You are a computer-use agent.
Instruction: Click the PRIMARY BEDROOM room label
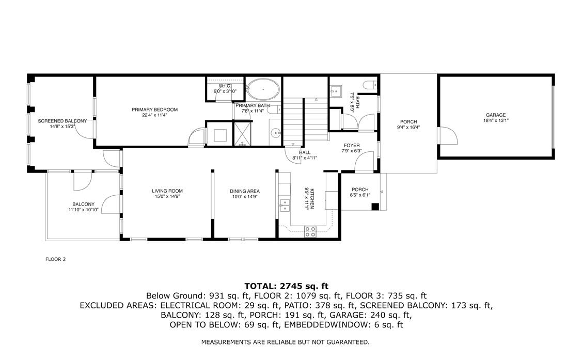coord(154,109)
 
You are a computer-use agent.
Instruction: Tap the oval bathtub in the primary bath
coord(263,89)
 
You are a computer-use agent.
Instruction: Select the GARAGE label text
coord(495,115)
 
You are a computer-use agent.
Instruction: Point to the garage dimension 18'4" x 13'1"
coord(495,121)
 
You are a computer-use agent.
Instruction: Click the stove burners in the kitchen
coord(310,231)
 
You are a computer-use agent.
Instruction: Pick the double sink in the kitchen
coord(284,205)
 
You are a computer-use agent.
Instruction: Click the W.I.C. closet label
coord(225,86)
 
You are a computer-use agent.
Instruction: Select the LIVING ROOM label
coord(167,191)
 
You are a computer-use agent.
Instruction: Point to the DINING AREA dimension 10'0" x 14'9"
coord(244,197)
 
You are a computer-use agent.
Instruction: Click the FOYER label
coord(351,146)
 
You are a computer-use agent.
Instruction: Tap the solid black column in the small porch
coord(375,207)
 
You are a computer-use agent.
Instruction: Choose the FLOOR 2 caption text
coord(56,259)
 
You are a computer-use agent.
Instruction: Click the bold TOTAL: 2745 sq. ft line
coord(286,286)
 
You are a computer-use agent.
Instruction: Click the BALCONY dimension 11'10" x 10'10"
coord(83,210)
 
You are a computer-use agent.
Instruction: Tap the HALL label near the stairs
coord(305,152)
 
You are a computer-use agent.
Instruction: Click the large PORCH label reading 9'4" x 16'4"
coord(408,122)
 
